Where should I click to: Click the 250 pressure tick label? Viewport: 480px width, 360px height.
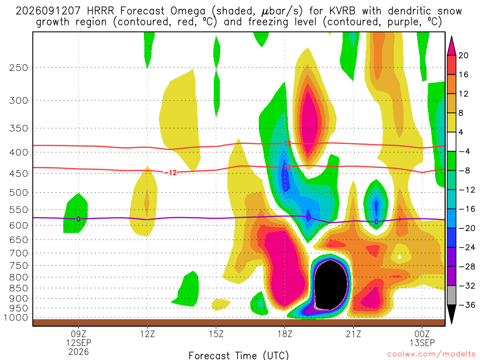[19, 67]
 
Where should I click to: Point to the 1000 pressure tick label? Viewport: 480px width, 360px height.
[16, 318]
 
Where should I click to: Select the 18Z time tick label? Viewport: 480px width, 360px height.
[285, 334]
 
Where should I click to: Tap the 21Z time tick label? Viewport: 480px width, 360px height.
[353, 334]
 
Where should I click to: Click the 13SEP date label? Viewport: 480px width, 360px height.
[422, 343]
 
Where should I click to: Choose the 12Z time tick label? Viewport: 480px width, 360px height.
[147, 334]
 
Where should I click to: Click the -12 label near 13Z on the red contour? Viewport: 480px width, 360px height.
[171, 172]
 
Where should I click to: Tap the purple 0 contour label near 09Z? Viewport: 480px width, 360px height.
[78, 219]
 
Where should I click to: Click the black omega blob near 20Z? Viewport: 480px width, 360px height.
[330, 285]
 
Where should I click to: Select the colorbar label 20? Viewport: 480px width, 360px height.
[463, 55]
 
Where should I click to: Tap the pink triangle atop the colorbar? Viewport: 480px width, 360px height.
[451, 46]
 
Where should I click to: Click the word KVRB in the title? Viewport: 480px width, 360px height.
[343, 11]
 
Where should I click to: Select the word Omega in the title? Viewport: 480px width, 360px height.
[187, 11]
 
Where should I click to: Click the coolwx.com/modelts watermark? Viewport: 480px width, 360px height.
[431, 354]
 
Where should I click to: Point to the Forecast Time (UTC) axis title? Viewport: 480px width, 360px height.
[239, 355]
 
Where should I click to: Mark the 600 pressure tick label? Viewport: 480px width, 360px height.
[19, 225]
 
